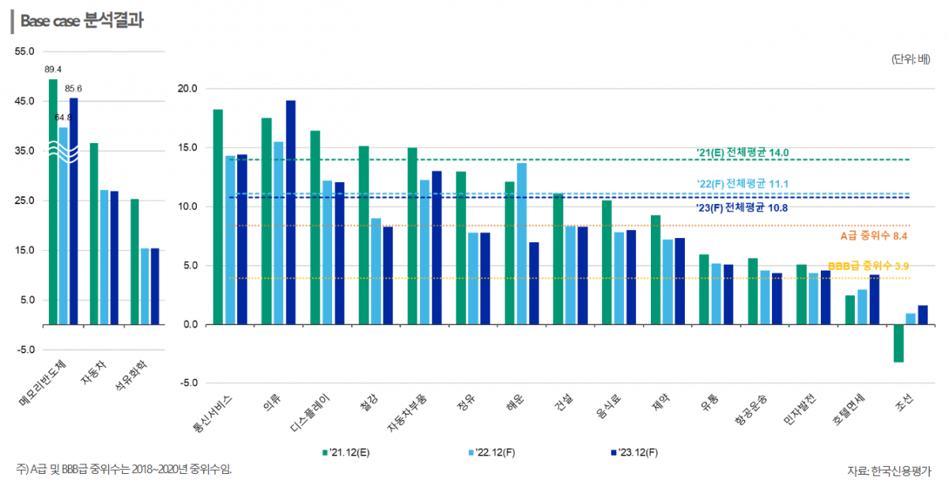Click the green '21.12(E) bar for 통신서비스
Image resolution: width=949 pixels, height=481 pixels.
217,217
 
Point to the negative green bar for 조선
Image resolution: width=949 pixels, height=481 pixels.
898,343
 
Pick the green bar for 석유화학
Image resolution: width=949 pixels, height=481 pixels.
134,261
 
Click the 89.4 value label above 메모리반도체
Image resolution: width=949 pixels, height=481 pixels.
53,69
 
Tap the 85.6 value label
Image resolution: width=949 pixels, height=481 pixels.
74,89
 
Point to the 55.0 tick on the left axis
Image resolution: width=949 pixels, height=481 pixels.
25,51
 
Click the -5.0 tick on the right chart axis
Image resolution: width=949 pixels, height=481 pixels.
187,384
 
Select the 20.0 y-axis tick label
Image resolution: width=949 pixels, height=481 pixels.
187,89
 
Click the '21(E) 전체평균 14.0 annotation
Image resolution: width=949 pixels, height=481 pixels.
743,152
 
